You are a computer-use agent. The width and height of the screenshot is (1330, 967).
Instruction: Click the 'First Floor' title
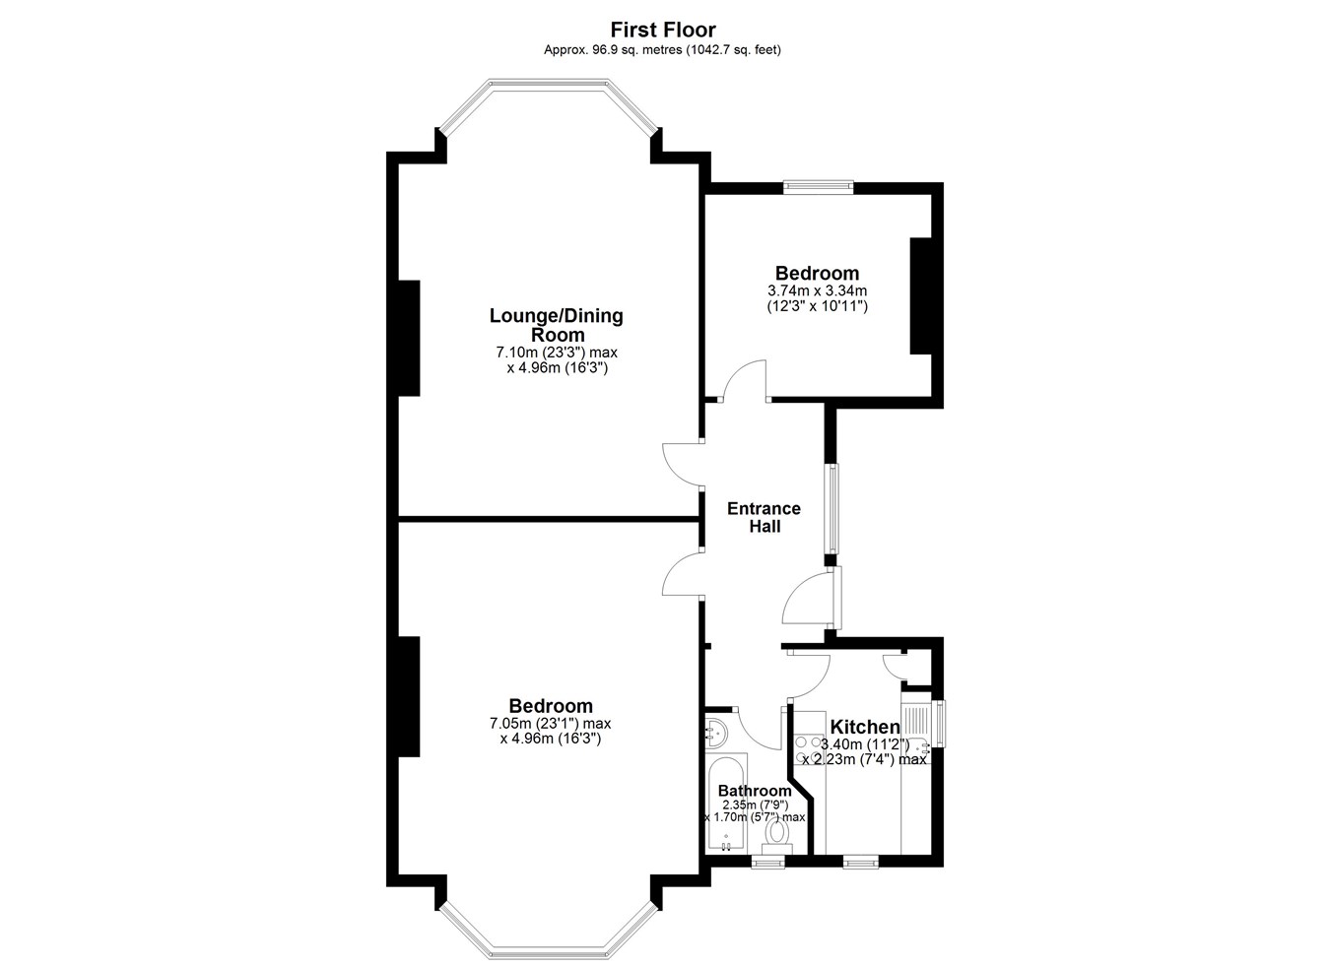[663, 30]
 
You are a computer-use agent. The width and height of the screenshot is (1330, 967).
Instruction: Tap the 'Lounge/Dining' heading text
[556, 316]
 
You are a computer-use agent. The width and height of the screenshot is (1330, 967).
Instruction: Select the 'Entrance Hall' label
[765, 517]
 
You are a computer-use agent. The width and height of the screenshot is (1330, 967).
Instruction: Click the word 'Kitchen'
[865, 727]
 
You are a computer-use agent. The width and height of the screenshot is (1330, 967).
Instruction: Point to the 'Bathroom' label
[755, 791]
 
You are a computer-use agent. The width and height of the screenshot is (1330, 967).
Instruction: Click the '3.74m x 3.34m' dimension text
[817, 290]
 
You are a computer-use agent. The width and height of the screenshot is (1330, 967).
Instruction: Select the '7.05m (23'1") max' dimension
[551, 724]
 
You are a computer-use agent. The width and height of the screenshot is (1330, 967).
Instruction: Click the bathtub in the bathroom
[725, 805]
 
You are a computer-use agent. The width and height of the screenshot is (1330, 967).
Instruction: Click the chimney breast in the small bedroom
[920, 296]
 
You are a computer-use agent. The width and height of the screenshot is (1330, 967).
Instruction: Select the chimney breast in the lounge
[409, 339]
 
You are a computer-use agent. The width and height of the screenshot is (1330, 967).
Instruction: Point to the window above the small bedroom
[818, 187]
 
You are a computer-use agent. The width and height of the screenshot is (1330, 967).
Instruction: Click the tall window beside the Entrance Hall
[834, 509]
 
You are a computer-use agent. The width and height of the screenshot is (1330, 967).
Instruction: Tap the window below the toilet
[767, 862]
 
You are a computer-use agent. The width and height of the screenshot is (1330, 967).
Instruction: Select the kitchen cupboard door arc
[893, 668]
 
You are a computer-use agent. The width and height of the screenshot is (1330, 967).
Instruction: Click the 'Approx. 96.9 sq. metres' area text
[614, 50]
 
